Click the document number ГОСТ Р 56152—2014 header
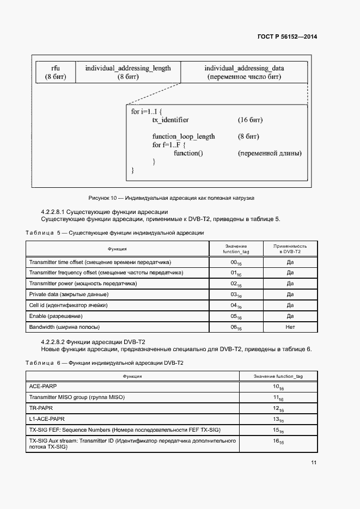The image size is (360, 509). (x=287, y=37)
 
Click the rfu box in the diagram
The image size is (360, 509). (x=56, y=72)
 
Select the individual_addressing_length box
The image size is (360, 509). (x=128, y=72)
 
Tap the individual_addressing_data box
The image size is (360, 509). (x=244, y=72)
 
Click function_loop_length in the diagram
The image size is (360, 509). (x=184, y=136)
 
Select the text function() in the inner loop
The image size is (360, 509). (x=188, y=154)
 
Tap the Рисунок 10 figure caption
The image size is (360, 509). (x=171, y=198)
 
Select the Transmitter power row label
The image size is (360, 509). (x=83, y=284)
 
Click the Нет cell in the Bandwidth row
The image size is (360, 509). (x=290, y=327)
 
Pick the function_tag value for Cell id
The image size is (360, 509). (x=236, y=305)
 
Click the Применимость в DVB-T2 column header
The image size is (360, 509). (x=290, y=249)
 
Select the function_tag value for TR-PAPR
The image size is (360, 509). (x=278, y=408)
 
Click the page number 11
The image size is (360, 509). (x=314, y=463)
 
